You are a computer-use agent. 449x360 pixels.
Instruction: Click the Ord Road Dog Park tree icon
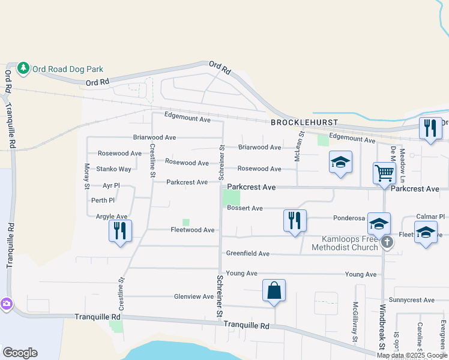(23, 68)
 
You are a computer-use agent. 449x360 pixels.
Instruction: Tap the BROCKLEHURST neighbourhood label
(304, 122)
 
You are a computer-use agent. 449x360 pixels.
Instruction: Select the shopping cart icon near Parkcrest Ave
(384, 173)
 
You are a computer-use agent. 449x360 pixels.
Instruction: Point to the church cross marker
(387, 242)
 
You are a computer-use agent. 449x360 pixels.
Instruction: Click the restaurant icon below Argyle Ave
(120, 230)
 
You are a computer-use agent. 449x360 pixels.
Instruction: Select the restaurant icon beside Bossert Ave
(294, 220)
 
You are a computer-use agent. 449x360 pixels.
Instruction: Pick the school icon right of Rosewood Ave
(340, 162)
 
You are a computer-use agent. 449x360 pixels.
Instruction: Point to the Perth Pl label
(103, 200)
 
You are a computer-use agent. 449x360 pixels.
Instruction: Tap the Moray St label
(87, 173)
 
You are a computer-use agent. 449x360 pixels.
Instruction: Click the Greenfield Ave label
(248, 254)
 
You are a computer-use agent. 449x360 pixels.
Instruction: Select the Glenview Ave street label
(194, 296)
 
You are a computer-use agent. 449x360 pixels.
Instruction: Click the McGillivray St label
(355, 323)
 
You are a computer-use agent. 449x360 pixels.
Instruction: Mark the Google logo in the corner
(20, 353)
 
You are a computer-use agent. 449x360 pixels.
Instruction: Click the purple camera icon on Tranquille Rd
(6, 304)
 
